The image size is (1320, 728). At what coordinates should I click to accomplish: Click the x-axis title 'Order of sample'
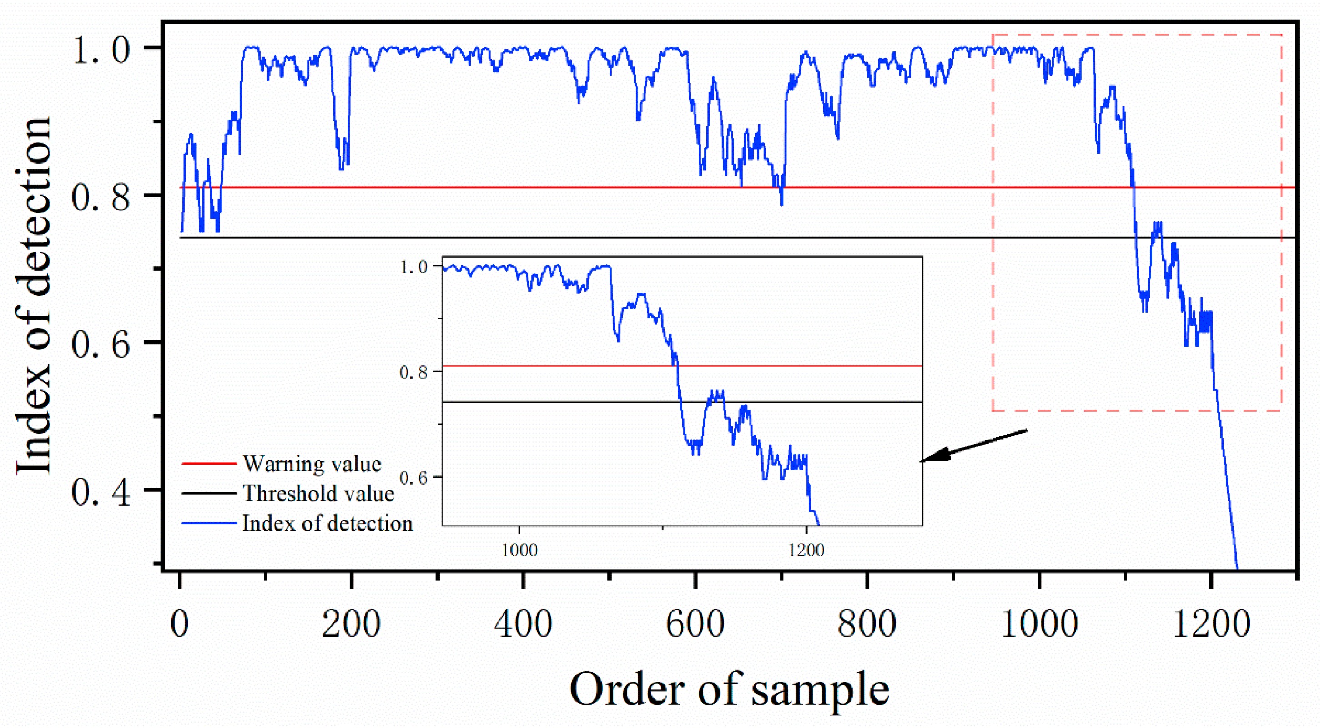[729, 689]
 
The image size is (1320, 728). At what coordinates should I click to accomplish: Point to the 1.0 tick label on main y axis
[101, 51]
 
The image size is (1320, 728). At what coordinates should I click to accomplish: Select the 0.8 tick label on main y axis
[101, 197]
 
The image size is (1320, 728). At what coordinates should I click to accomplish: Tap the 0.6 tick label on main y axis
[101, 344]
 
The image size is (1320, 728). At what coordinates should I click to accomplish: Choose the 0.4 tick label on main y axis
[101, 492]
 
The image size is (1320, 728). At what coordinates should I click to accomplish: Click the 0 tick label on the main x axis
[179, 624]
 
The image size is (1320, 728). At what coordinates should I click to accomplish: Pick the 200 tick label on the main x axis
[352, 624]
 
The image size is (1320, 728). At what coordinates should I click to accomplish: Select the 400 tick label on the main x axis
[523, 624]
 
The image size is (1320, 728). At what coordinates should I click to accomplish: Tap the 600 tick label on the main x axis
[695, 624]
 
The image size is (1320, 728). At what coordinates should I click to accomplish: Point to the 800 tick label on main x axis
[867, 624]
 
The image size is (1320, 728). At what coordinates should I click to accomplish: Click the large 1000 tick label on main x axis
[1039, 624]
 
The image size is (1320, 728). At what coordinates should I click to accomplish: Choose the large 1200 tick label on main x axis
[1211, 624]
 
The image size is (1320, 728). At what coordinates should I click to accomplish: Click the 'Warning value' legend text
[312, 464]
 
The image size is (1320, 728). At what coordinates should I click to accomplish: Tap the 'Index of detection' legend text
[327, 523]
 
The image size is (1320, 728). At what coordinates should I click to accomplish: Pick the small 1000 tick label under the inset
[519, 551]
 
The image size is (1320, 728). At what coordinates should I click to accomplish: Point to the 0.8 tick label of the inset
[413, 372]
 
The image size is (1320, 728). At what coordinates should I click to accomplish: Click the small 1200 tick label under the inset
[806, 551]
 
